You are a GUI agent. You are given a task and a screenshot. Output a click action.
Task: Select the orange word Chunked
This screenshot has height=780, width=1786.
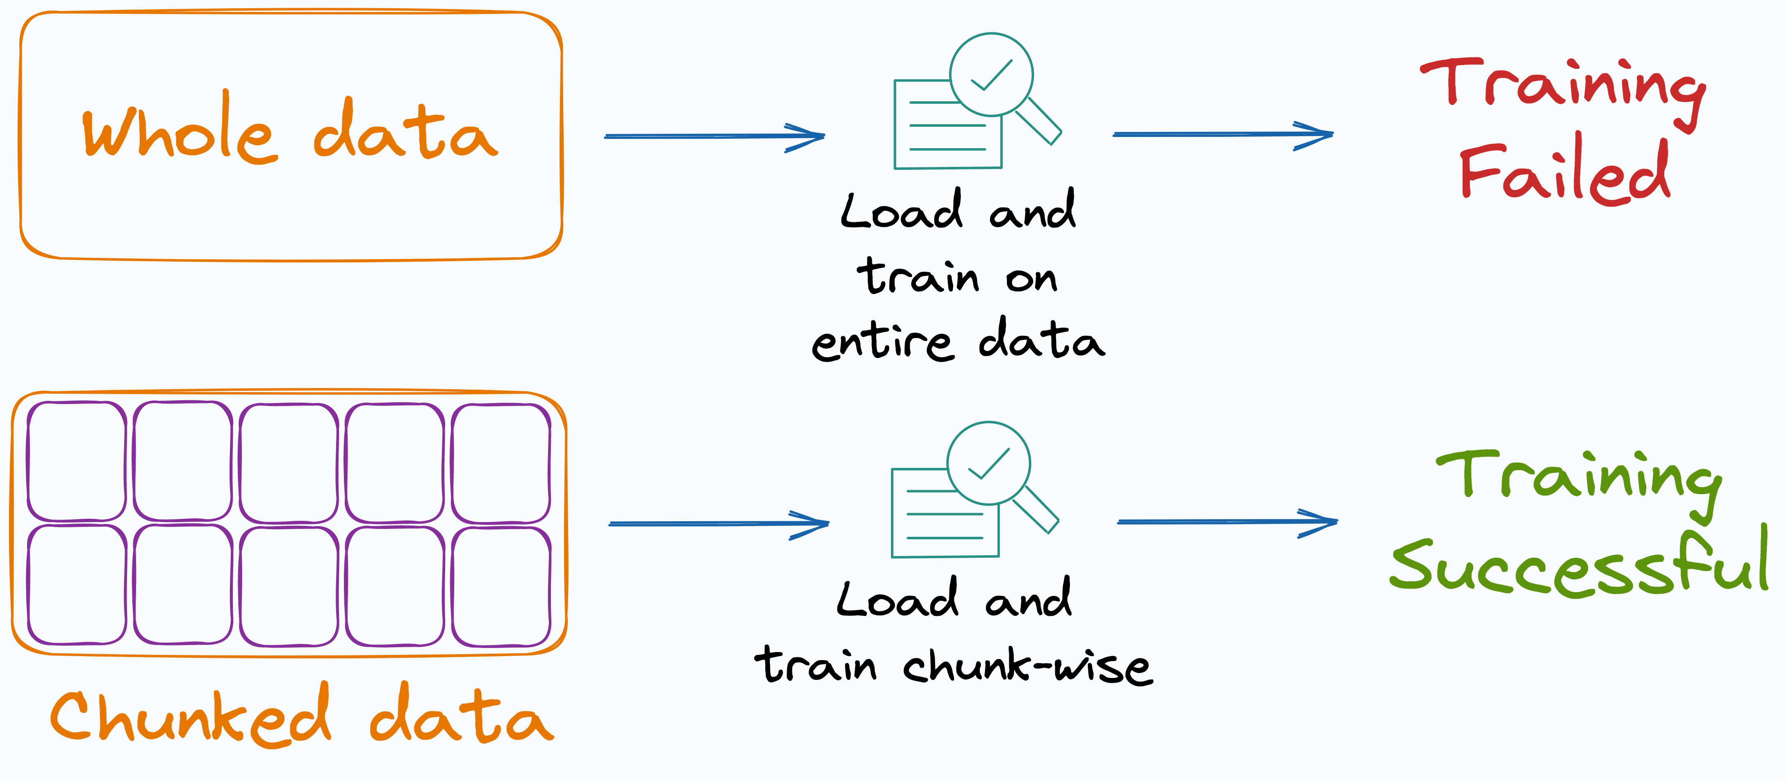191,716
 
